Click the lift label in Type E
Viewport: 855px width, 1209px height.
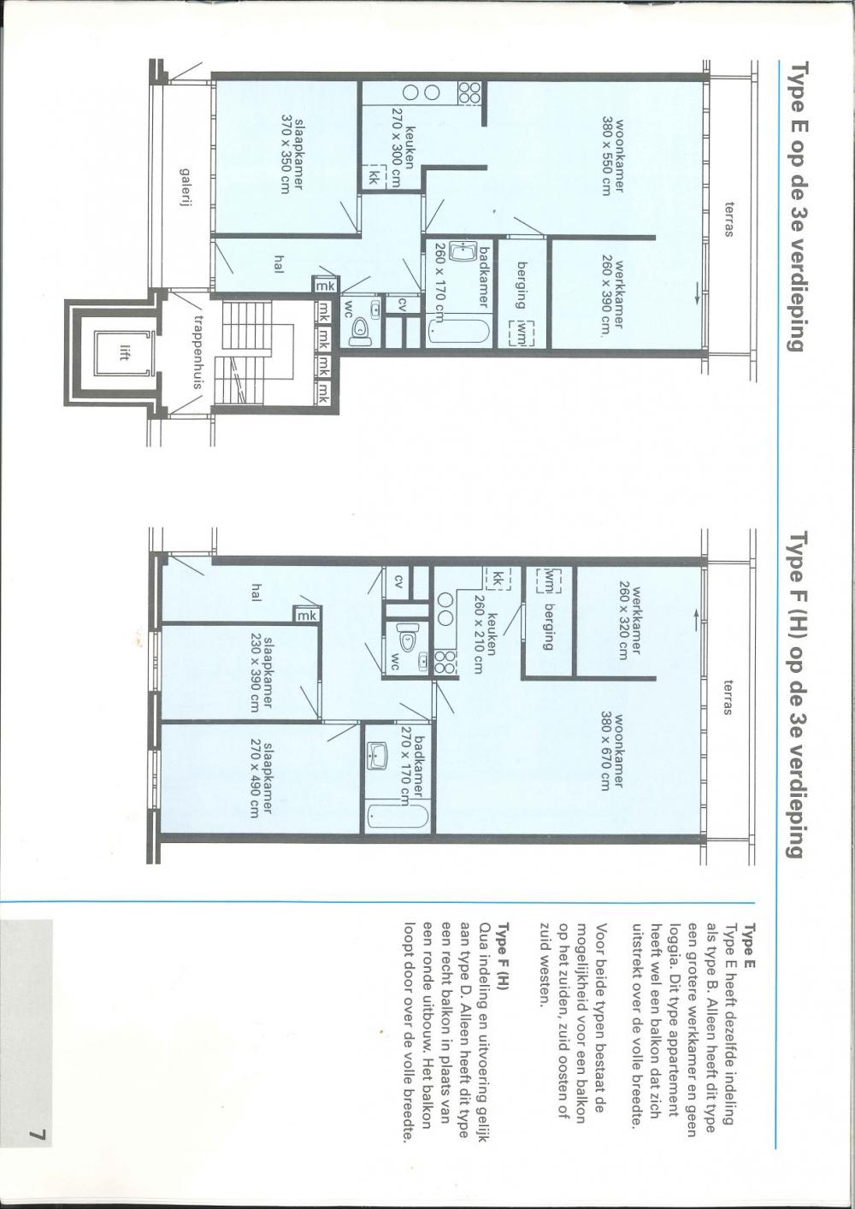tap(123, 353)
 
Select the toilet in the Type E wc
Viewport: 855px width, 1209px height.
tap(359, 327)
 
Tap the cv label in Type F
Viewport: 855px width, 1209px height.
tap(398, 581)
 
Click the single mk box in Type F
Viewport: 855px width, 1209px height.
tap(307, 615)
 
